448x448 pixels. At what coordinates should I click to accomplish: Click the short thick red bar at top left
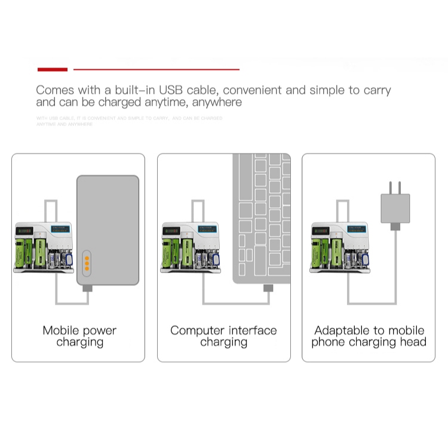(x=53, y=69)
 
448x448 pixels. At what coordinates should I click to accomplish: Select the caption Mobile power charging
(x=79, y=336)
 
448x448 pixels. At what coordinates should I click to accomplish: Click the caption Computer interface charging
(x=223, y=336)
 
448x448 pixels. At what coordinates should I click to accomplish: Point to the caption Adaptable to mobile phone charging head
(x=369, y=336)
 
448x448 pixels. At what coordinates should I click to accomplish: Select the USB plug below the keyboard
(x=268, y=289)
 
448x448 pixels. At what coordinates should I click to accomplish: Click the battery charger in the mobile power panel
(x=44, y=247)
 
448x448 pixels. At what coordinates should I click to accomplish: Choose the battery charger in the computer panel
(x=190, y=247)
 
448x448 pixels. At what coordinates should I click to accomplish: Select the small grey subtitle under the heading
(x=128, y=121)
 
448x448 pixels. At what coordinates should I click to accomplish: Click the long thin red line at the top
(x=156, y=69)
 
